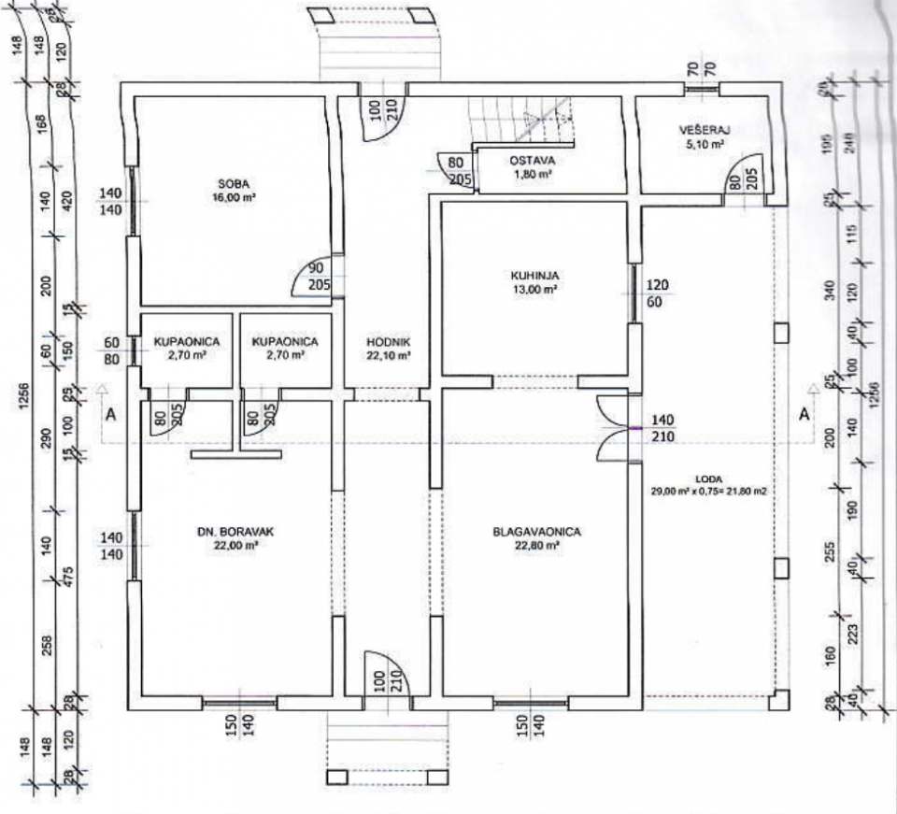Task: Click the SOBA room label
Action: coord(235,183)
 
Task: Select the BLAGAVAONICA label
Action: coord(537,532)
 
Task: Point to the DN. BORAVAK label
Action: coord(235,532)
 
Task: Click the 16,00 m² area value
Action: coord(235,197)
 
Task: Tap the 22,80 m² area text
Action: coord(537,546)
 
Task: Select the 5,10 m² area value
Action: coord(705,145)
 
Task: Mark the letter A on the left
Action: coord(110,417)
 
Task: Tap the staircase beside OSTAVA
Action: coord(523,121)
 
